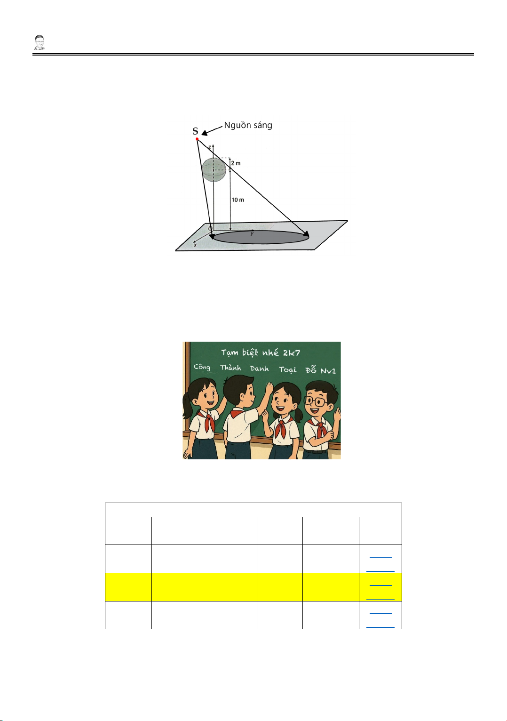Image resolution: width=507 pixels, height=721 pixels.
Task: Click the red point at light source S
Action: click(197, 139)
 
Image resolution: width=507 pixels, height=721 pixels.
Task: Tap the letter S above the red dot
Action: click(195, 131)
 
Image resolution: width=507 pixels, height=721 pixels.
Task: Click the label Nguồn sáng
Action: click(248, 125)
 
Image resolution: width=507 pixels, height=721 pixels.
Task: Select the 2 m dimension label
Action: click(236, 163)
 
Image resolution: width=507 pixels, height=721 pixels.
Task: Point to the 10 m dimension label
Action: click(238, 200)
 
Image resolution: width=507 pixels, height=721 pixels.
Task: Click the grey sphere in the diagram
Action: click(214, 169)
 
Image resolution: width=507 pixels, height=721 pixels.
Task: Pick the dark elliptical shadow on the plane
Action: click(261, 237)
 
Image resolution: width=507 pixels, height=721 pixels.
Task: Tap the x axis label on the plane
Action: click(195, 245)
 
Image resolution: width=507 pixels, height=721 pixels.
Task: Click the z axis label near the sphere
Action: click(209, 147)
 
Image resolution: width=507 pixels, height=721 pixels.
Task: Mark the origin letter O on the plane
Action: click(210, 229)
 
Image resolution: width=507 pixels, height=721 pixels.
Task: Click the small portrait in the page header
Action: click(39, 42)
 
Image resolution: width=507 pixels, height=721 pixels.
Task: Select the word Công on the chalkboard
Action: click(202, 367)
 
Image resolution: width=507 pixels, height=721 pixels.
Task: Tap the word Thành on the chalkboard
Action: click(230, 368)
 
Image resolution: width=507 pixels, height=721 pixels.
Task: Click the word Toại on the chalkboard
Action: click(288, 369)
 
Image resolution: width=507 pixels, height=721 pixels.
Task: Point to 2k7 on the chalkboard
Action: click(292, 353)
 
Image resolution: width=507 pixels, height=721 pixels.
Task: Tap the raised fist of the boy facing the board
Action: click(269, 387)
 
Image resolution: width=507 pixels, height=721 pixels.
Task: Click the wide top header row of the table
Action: click(253, 510)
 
